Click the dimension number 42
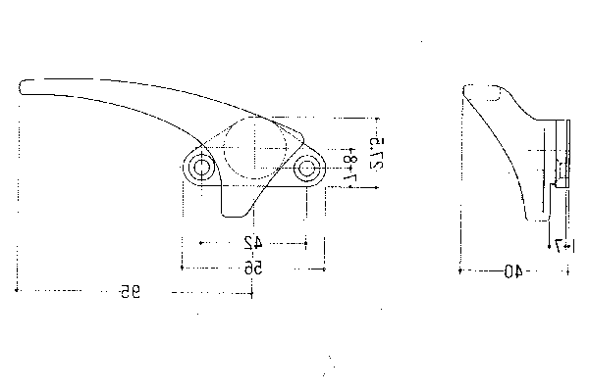coord(252,242)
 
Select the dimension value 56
coord(253,267)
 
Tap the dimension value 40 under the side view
coord(511,271)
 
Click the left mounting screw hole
coord(201,169)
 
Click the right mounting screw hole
coord(307,169)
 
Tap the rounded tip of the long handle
coord(24,87)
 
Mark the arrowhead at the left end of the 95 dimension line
coord(21,290)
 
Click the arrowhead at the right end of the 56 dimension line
coord(323,266)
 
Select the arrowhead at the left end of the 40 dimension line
coord(462,270)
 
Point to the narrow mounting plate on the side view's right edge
coord(562,157)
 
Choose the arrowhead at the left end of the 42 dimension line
coord(202,241)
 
